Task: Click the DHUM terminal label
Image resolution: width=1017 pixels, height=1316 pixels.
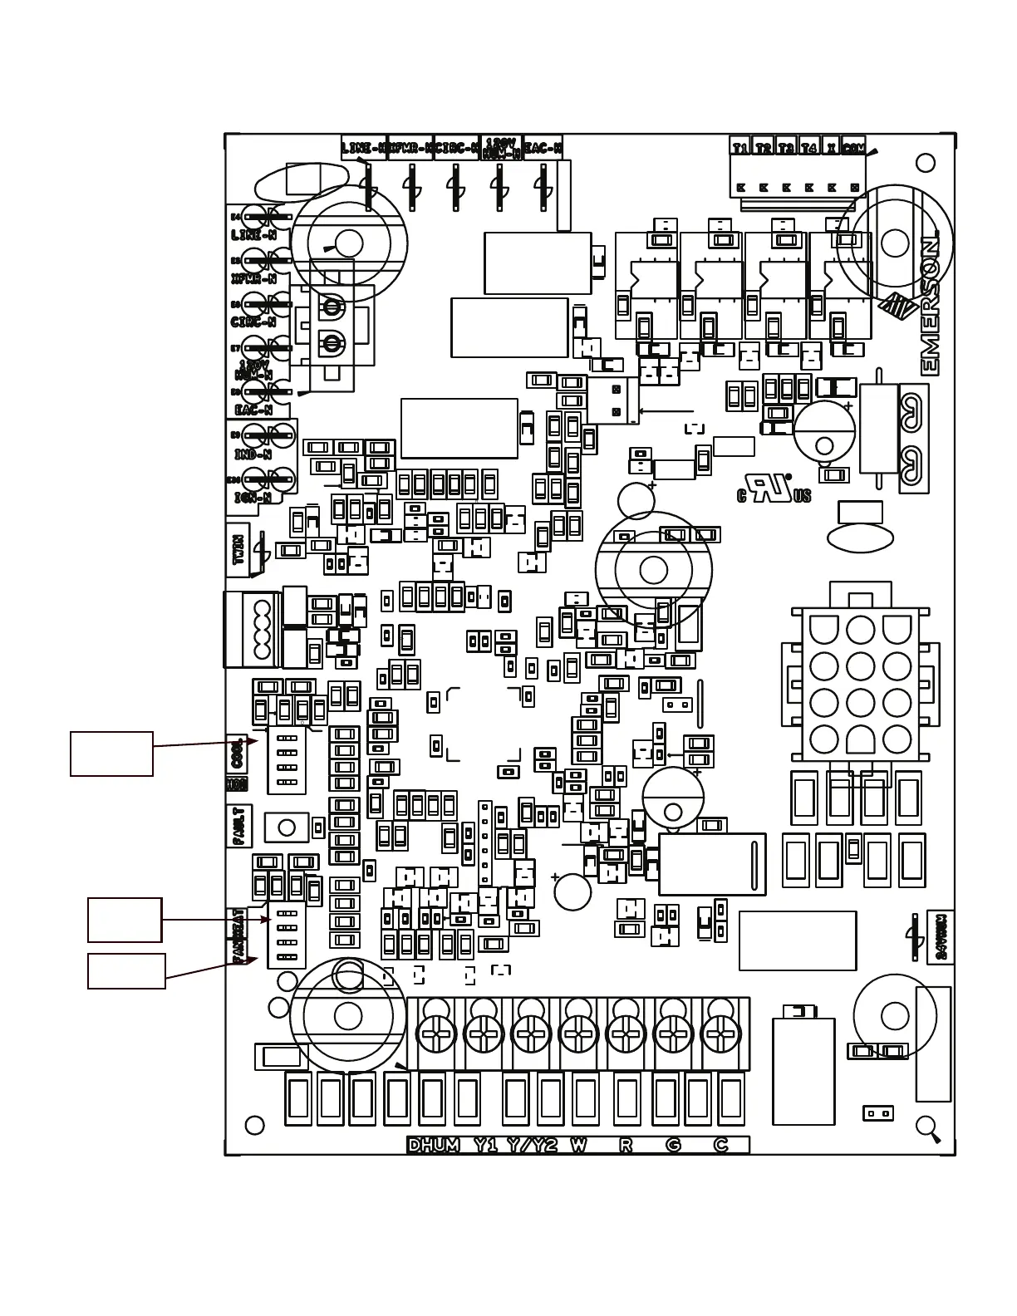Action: click(x=434, y=1145)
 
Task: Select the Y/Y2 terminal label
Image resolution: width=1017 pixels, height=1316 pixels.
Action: click(x=533, y=1145)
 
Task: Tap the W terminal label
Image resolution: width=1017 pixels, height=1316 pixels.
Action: click(x=578, y=1145)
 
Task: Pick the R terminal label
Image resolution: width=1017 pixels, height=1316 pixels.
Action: click(x=626, y=1145)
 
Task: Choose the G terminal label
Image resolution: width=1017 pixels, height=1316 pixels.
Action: click(x=673, y=1145)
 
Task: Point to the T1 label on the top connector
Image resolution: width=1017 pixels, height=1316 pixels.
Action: click(x=740, y=148)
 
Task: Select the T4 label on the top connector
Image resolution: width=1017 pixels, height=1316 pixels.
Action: click(x=808, y=148)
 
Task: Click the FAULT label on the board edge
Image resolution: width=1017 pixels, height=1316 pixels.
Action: click(x=238, y=825)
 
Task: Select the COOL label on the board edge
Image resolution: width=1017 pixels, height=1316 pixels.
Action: click(x=237, y=754)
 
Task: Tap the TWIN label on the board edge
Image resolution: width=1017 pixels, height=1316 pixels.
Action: click(x=238, y=549)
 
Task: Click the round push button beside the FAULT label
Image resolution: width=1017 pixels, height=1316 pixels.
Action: click(x=287, y=827)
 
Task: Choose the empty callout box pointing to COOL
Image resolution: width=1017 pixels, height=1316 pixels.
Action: click(x=111, y=754)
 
